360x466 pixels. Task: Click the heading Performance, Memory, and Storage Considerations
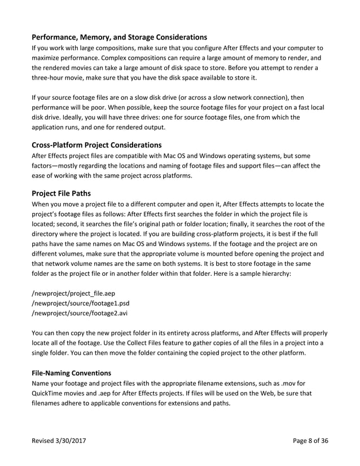pyautogui.click(x=119, y=37)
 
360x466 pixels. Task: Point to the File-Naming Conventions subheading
pyautogui.click(x=71, y=373)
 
